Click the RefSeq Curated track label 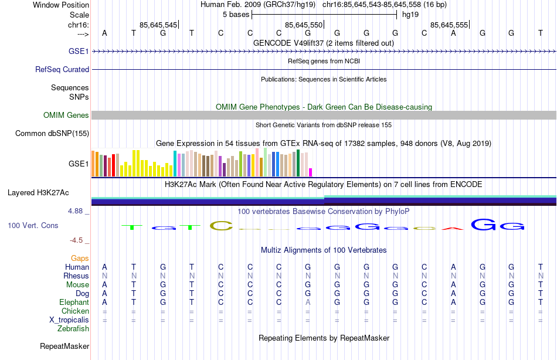click(x=62, y=69)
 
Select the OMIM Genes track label click(x=66, y=115)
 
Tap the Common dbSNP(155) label click(x=52, y=133)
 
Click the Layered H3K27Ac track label click(x=38, y=192)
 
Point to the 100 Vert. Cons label click(x=32, y=225)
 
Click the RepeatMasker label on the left click(x=64, y=347)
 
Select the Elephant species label click(x=74, y=302)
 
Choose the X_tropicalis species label click(x=69, y=320)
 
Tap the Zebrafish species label click(x=73, y=328)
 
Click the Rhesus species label click(x=77, y=276)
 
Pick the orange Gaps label click(x=80, y=258)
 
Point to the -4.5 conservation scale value click(x=79, y=240)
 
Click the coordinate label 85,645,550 click(x=304, y=25)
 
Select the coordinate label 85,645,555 click(x=449, y=25)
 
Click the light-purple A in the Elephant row click(x=308, y=302)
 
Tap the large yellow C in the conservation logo click(x=221, y=225)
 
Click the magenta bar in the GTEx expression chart click(x=311, y=172)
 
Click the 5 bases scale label click(x=236, y=14)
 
